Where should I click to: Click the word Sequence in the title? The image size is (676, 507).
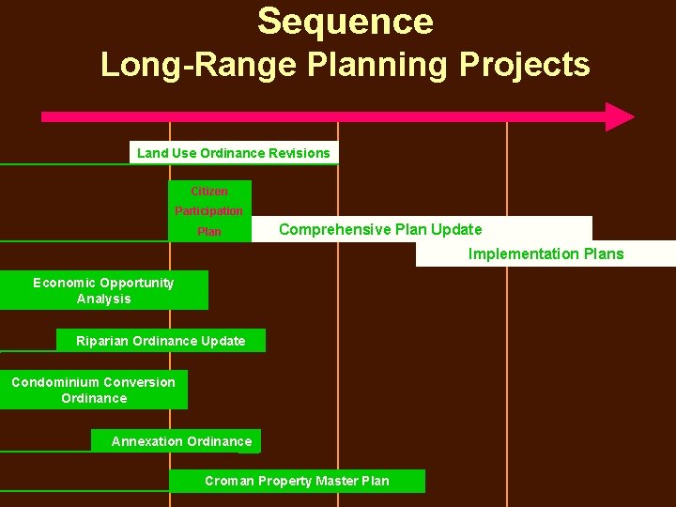pos(345,22)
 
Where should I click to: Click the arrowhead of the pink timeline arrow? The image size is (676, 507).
pos(619,116)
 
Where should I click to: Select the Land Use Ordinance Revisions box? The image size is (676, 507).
pos(234,153)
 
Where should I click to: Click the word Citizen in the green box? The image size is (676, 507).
pos(209,192)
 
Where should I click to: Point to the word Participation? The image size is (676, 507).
pos(209,211)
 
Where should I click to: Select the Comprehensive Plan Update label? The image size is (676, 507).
pos(380,229)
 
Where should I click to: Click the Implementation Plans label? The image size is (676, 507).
pos(545,253)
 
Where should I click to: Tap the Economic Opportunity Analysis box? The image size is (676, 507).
pos(103,291)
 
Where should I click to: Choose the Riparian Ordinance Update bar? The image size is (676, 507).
pos(161,341)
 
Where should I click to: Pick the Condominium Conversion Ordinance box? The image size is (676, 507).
pos(93,390)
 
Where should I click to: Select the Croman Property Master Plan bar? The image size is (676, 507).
pos(297,481)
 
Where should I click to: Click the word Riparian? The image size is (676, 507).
pos(102,341)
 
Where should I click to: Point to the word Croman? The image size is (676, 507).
pos(229,481)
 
